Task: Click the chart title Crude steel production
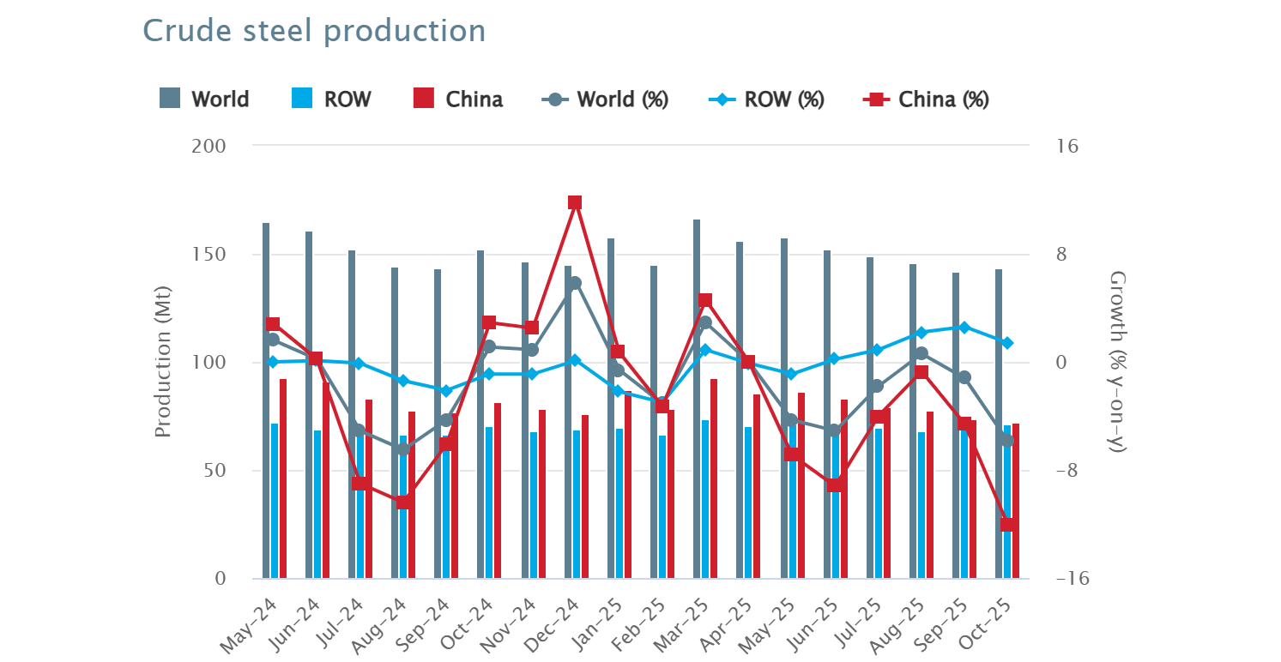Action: (x=314, y=31)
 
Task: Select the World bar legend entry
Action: (x=204, y=99)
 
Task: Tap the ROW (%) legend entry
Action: (x=768, y=99)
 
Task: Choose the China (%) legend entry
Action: (x=927, y=99)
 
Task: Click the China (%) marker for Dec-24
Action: (x=575, y=203)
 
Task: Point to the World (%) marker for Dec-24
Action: (x=575, y=283)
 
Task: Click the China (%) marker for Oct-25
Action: (x=1007, y=525)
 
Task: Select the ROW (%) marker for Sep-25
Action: (x=964, y=328)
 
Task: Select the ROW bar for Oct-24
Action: (x=489, y=503)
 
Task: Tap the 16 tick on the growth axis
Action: (x=1067, y=147)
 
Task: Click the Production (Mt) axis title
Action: (x=163, y=362)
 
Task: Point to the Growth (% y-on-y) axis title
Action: (x=1117, y=362)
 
